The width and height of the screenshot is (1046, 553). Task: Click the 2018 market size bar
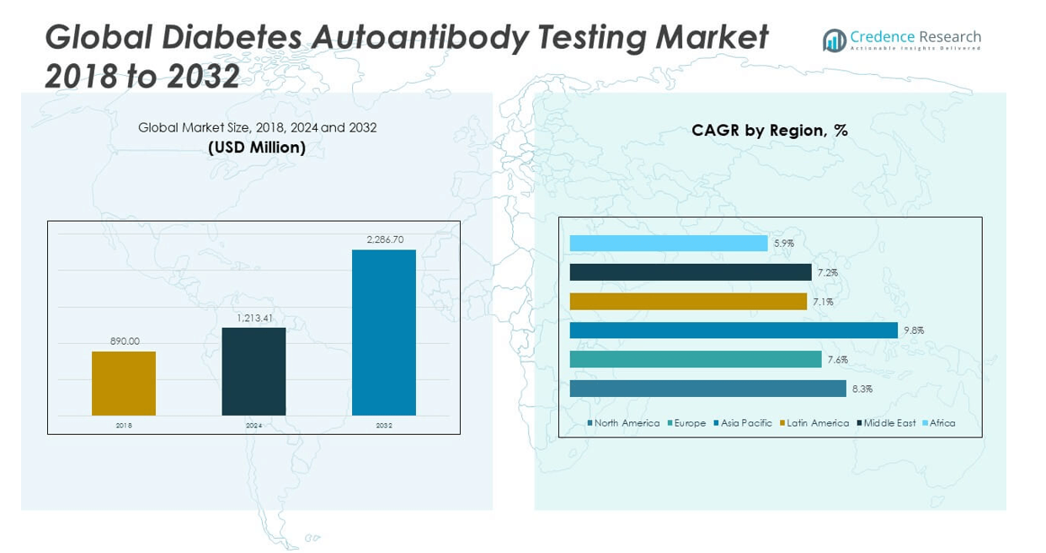124,384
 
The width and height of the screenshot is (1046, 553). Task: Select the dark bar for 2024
253,371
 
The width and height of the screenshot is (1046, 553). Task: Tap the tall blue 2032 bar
384,332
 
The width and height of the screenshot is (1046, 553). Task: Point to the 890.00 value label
125,341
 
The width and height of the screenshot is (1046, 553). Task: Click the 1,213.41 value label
253,318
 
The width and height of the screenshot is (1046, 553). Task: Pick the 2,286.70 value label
385,239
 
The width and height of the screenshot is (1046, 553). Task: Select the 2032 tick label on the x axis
384,426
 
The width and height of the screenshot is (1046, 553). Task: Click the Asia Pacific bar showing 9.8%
733,330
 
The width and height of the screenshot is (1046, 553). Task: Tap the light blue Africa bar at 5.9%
669,244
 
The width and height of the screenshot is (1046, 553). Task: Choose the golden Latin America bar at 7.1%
688,302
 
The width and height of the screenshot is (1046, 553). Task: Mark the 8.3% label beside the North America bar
862,389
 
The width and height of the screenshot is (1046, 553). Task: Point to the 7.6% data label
837,360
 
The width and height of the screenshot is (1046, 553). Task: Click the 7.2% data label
827,273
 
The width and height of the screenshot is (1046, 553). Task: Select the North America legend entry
626,423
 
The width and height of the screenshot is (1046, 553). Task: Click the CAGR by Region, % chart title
769,131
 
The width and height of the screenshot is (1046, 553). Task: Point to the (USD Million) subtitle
257,148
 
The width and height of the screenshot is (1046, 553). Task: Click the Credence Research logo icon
834,40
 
